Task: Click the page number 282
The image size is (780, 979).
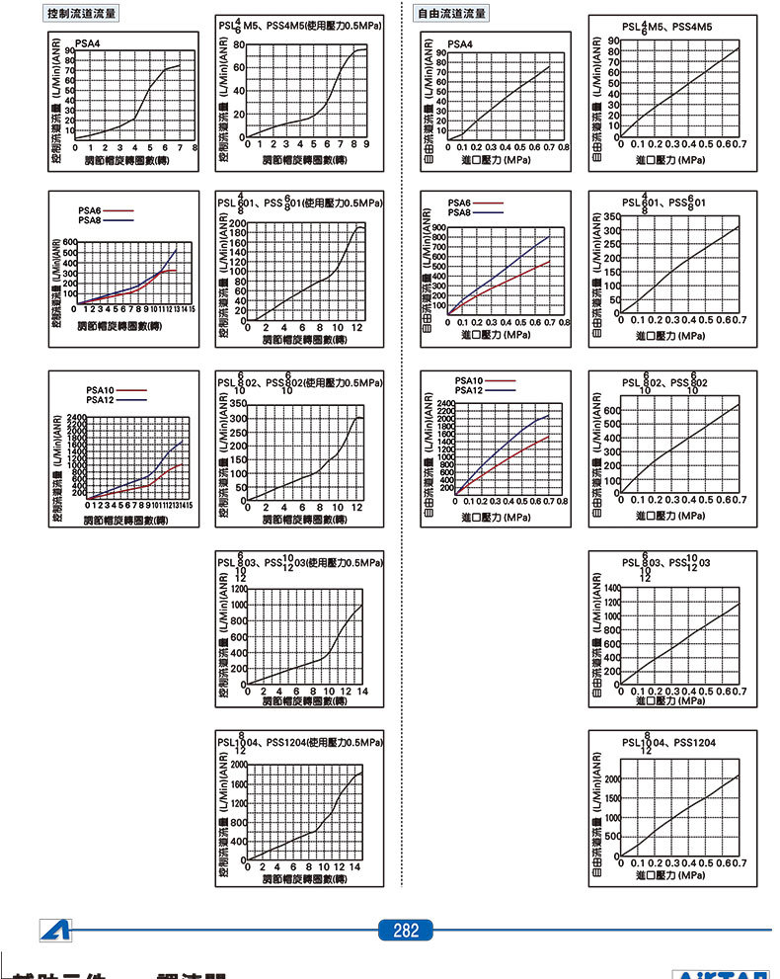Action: coord(406,931)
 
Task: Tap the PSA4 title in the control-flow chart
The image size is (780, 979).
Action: coord(89,43)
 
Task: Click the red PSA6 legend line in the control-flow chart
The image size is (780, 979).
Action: coord(118,210)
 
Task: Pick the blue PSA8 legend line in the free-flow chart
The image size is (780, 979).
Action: coord(491,212)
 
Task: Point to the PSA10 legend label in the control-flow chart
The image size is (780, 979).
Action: coord(101,390)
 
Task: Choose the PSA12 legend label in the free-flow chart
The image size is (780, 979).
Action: coord(468,391)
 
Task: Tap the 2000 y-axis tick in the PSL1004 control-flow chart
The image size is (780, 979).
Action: coord(237,764)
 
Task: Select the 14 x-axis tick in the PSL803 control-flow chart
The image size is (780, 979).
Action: coord(363,692)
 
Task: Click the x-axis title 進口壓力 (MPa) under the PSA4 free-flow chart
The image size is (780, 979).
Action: coord(501,158)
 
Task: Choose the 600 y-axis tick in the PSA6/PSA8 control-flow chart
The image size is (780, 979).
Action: coord(68,242)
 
